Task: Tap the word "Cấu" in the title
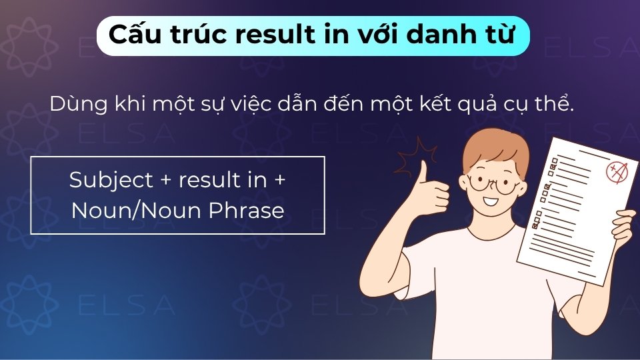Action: click(135, 35)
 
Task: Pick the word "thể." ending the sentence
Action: click(553, 105)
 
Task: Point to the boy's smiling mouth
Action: click(493, 201)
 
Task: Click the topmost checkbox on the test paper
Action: click(553, 162)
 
